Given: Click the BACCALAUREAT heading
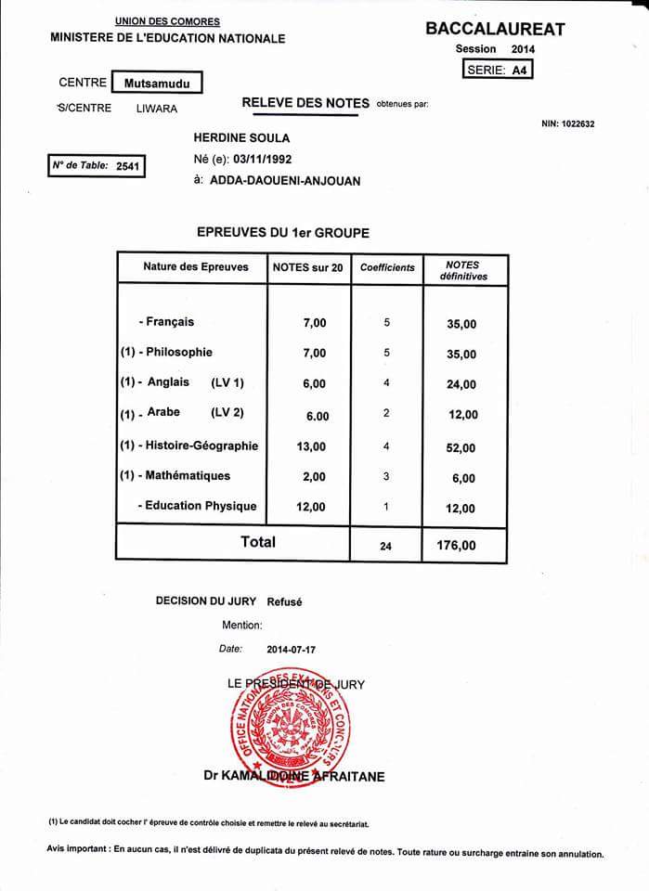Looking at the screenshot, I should [495, 29].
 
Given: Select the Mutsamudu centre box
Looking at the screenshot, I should [156, 83].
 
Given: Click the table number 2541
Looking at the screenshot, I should [126, 166].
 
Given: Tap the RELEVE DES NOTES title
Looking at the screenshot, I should [305, 103].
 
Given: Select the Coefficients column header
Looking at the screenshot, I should [387, 267].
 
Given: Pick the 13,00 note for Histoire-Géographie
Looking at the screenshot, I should [310, 446].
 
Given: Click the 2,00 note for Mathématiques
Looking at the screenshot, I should [314, 476].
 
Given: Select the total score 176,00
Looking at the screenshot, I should [456, 546].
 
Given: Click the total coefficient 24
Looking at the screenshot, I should [386, 547].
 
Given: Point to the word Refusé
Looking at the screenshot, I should [284, 601].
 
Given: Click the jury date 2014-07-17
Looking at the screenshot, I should [290, 650].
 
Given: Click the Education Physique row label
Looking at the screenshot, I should [199, 506].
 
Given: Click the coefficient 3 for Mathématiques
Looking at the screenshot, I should [386, 476].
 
